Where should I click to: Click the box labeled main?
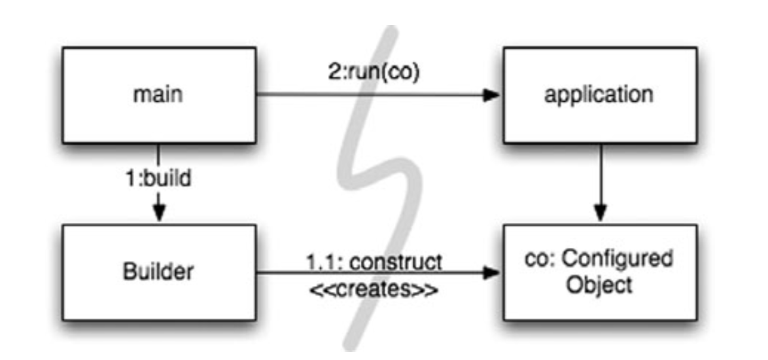point(158,95)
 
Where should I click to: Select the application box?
point(599,95)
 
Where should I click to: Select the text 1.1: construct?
point(373,261)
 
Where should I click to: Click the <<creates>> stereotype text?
point(373,287)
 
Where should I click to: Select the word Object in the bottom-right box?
point(599,285)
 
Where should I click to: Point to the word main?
point(158,95)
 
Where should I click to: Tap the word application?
point(599,95)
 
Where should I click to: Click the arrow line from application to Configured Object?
point(599,177)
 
